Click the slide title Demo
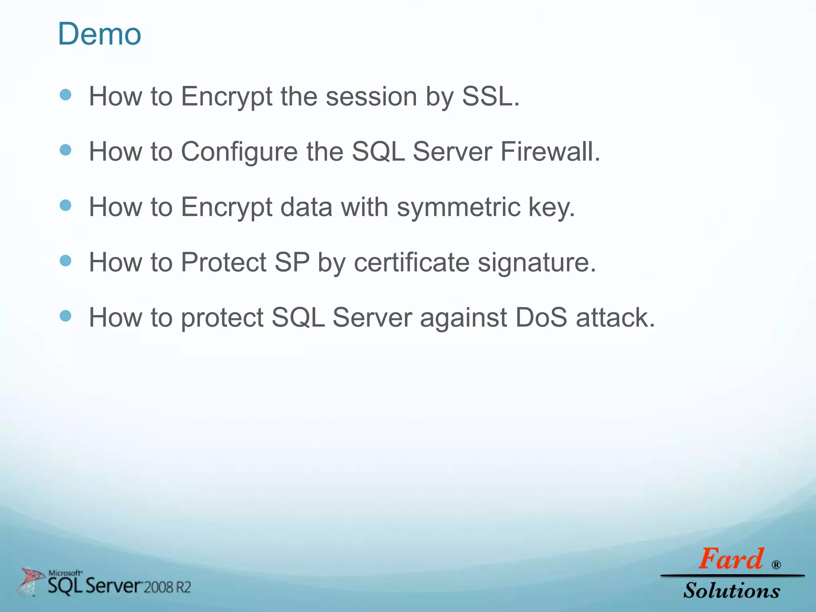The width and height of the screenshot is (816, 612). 100,34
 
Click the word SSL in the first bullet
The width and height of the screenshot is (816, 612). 487,96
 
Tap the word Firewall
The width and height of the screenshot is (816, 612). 550,152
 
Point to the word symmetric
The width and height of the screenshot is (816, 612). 458,207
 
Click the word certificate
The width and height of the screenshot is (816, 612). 411,263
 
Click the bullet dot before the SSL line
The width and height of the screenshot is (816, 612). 65,95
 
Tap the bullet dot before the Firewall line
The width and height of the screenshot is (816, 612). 65,150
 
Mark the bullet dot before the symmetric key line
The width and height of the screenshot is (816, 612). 65,206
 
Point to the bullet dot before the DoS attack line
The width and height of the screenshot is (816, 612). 65,316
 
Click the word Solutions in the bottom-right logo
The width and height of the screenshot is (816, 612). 732,590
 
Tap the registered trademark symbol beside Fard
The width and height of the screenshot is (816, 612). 776,565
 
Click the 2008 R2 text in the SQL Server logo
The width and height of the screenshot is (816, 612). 167,587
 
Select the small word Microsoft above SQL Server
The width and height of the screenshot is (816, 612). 65,573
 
